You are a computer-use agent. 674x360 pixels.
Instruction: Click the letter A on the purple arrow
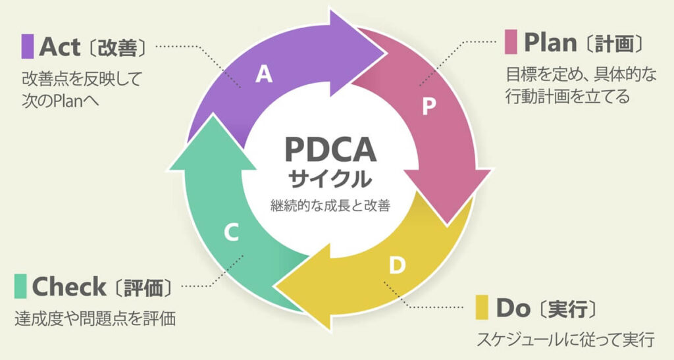(x=264, y=75)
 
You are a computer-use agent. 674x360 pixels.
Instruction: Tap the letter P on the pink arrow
(x=428, y=107)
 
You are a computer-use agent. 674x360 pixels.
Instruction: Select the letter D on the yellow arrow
(x=396, y=266)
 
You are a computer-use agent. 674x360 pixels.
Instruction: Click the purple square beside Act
(x=27, y=45)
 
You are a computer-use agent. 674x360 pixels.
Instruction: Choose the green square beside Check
(x=20, y=286)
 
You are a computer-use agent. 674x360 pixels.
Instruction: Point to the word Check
(x=68, y=286)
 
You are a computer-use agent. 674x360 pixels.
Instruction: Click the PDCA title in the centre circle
(x=330, y=149)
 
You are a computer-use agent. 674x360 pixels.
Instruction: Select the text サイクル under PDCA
(x=330, y=178)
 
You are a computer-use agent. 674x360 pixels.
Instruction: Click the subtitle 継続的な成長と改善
(x=330, y=206)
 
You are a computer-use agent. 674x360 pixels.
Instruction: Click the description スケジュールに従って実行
(x=565, y=340)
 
